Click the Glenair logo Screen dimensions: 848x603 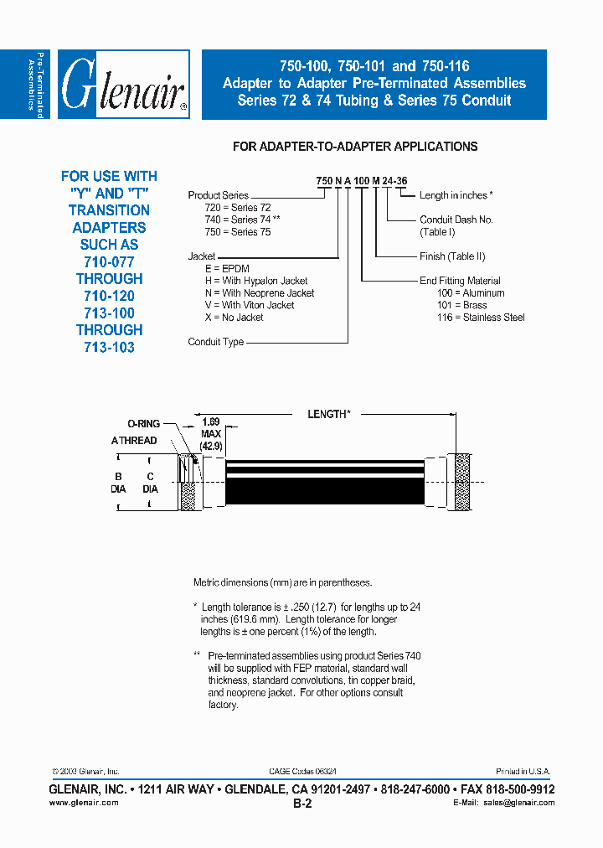[121, 85]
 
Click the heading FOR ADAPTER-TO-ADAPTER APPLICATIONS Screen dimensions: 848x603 [354, 147]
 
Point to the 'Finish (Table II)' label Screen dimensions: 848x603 [452, 256]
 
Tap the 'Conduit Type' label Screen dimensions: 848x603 [216, 342]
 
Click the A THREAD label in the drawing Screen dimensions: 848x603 [134, 441]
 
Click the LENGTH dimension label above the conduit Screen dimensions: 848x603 [327, 414]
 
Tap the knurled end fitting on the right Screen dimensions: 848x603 [459, 482]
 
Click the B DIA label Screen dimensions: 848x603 [118, 482]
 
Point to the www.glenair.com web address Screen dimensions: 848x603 [84, 803]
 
